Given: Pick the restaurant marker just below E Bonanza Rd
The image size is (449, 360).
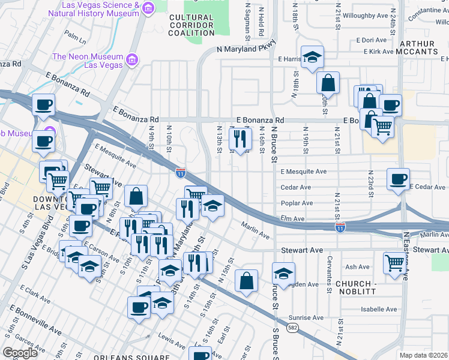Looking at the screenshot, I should [240, 139].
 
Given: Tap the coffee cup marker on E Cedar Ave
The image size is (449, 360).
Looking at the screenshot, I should [398, 178].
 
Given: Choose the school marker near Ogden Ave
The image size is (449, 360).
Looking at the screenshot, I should [283, 273].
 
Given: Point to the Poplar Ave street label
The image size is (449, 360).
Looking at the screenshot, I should [297, 203].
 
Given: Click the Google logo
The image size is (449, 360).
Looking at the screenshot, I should [20, 353].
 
